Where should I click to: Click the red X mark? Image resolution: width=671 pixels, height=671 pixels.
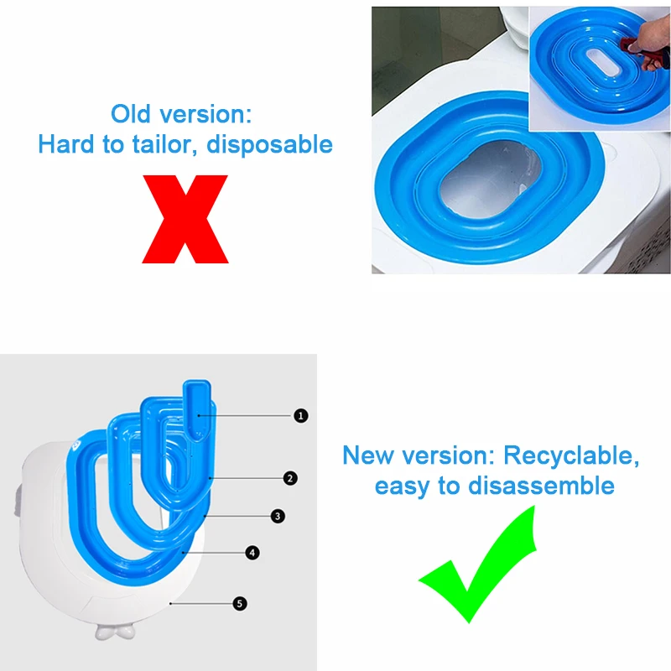tap(185, 220)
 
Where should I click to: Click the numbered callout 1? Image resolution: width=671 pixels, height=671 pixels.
tap(300, 415)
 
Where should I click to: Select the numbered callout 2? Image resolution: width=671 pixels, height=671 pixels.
tap(290, 478)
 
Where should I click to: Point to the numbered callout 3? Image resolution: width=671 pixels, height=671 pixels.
tap(278, 517)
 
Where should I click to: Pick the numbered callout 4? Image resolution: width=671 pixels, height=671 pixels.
tap(252, 553)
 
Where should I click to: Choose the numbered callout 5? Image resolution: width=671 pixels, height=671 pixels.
tap(240, 603)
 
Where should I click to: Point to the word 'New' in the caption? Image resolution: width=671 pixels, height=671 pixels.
tap(367, 456)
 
